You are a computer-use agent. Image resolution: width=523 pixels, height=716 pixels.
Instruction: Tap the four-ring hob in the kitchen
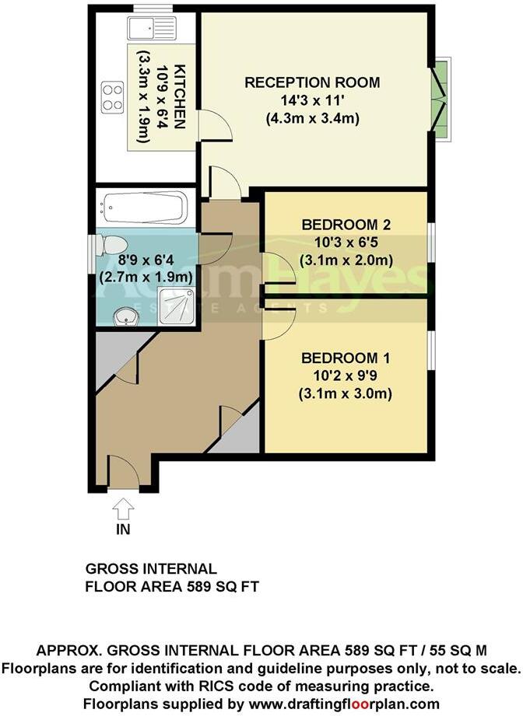[x=113, y=96]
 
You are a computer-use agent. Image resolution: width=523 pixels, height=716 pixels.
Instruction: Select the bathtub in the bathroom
[x=145, y=208]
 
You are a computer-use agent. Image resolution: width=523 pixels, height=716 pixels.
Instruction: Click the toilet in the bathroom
[x=111, y=246]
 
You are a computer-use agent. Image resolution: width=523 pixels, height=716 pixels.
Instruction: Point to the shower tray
[x=177, y=306]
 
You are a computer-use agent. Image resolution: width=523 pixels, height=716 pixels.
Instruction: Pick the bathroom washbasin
[x=126, y=317]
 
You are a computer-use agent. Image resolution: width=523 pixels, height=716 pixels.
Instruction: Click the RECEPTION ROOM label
[x=312, y=82]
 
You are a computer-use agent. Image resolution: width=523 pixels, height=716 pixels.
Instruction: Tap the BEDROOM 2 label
[x=346, y=225]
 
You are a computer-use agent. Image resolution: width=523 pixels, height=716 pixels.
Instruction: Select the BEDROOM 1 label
[x=346, y=358]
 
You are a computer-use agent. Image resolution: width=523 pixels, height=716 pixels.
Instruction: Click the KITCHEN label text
[x=181, y=96]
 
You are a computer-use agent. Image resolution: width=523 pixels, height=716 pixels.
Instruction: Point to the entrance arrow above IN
[x=124, y=508]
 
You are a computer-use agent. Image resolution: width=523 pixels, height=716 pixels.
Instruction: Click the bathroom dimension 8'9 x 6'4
[x=146, y=260]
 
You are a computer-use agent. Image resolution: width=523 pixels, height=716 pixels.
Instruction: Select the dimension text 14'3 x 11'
[x=312, y=101]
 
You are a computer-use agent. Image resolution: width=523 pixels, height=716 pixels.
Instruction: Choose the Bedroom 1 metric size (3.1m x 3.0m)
[x=346, y=393]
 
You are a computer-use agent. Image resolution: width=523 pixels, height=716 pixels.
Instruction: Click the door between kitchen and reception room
[x=214, y=125]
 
